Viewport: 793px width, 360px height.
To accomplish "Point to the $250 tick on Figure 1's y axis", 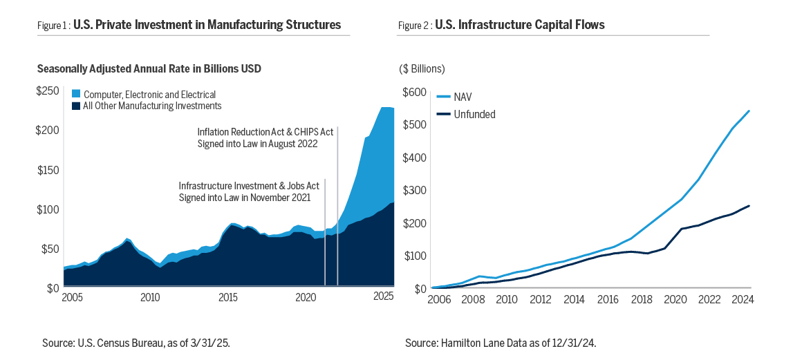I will (48, 91).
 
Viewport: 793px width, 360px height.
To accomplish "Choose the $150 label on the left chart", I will (48, 170).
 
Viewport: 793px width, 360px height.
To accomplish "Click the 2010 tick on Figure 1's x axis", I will (150, 297).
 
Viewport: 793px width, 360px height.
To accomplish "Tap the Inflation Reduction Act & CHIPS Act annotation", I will (257, 138).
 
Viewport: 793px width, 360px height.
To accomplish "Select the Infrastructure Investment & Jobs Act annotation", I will (245, 191).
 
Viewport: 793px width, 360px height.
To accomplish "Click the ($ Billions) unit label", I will (422, 69).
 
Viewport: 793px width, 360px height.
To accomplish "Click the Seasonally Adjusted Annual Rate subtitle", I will (149, 69).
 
